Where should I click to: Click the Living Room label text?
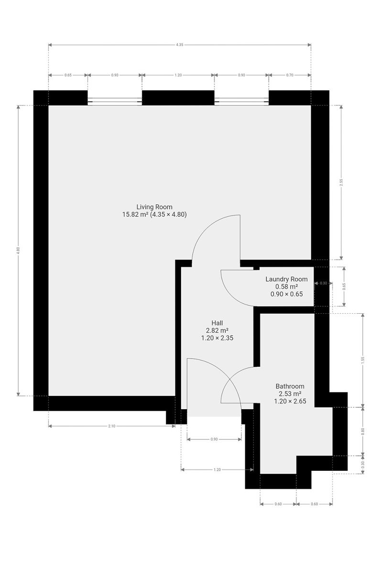154,207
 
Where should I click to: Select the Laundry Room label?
286,279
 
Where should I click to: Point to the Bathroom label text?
290,386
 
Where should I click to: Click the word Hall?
217,323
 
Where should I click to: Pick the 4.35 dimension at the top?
179,45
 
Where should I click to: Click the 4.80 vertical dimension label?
18,250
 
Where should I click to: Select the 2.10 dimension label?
112,426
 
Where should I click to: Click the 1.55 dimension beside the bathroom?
363,360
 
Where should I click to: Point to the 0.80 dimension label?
363,431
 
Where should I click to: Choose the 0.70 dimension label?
290,75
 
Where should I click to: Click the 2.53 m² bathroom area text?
290,393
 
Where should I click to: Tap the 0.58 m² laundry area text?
286,286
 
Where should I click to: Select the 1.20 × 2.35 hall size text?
217,338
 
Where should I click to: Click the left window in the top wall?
115,102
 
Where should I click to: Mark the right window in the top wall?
241,102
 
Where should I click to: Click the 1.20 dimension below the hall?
217,470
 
